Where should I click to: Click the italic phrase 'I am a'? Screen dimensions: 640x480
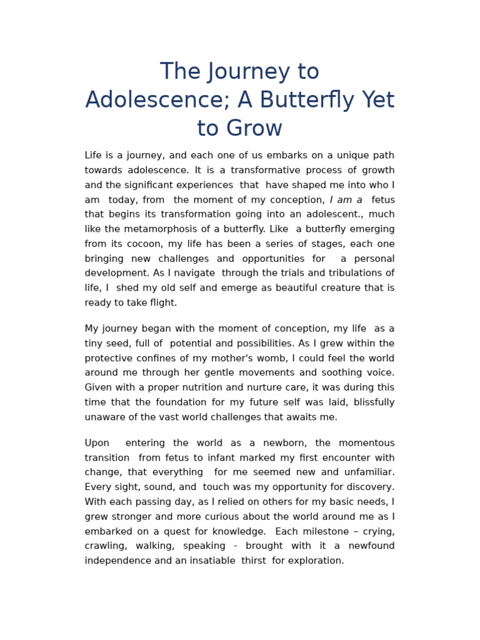coord(346,200)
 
